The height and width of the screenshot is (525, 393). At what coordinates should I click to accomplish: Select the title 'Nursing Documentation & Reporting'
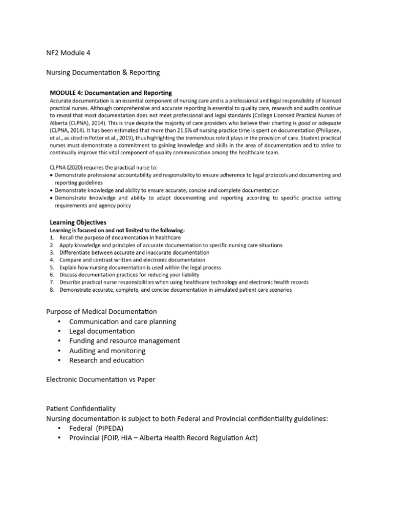[103, 73]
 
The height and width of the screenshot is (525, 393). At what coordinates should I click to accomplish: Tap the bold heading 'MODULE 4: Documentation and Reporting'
[111, 92]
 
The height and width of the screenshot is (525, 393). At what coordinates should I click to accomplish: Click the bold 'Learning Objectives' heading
[78, 223]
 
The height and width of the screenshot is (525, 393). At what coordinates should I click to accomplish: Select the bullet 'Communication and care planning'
[123, 322]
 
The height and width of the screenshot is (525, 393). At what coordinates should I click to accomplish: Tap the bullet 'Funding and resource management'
[125, 341]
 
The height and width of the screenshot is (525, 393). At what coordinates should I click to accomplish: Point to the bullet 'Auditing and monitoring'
[107, 351]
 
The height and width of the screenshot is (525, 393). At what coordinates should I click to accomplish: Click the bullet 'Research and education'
[107, 360]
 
